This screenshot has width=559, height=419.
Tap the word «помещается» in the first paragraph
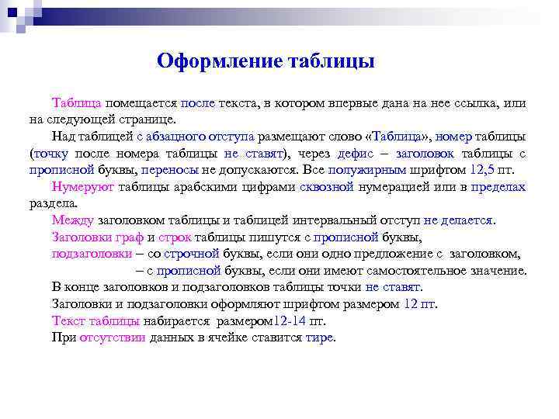coord(142,102)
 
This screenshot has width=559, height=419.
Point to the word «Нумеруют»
coord(83,187)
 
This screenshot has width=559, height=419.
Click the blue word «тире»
coord(319,338)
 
